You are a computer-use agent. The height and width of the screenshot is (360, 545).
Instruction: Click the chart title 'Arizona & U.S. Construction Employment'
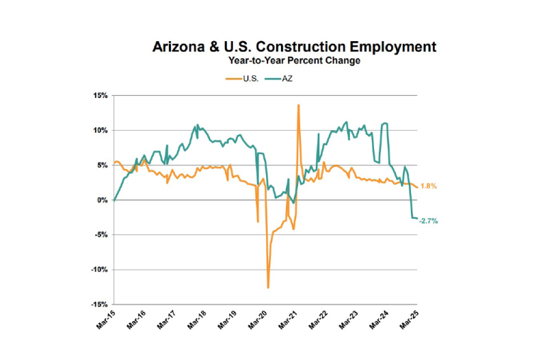click(294, 48)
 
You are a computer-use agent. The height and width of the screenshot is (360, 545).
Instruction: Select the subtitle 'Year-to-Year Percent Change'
click(294, 61)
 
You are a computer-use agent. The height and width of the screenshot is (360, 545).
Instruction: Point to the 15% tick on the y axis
click(99, 95)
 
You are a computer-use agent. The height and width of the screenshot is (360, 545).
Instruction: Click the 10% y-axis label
click(99, 130)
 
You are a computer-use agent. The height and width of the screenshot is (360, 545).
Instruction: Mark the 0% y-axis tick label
click(101, 200)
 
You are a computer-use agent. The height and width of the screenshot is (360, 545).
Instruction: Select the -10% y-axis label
click(98, 269)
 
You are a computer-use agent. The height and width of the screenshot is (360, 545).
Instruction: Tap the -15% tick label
click(98, 304)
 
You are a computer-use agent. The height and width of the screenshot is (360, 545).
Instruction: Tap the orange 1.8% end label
click(429, 186)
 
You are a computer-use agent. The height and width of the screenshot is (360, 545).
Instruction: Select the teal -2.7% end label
click(429, 221)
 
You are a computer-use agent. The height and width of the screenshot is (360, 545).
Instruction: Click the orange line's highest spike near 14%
click(298, 105)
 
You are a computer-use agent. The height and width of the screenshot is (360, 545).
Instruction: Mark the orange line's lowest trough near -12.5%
click(268, 288)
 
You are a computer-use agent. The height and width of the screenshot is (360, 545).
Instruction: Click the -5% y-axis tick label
click(99, 234)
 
